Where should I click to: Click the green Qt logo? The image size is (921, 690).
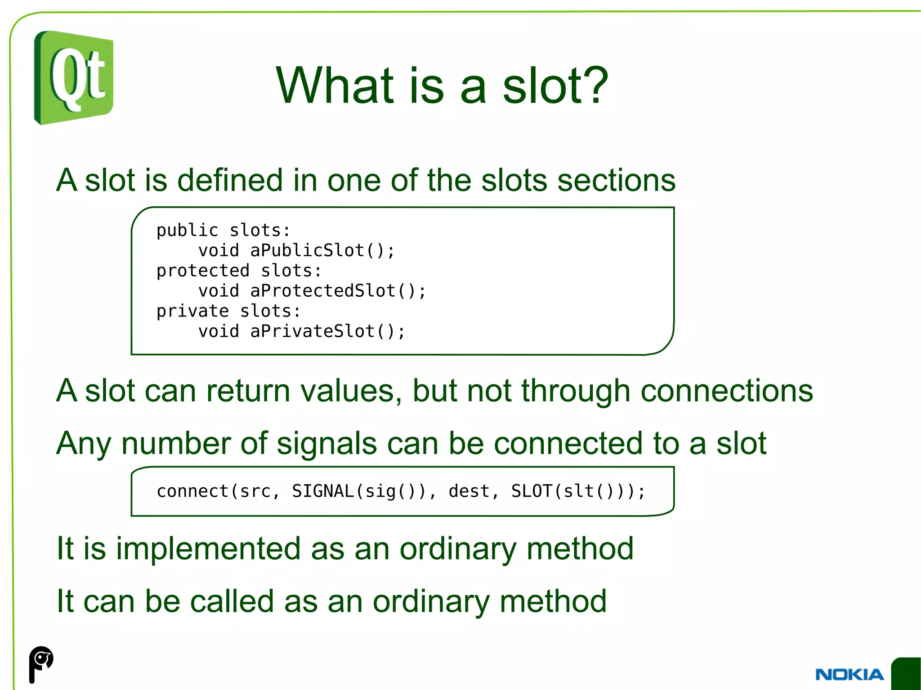[x=73, y=78]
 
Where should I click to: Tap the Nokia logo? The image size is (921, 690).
[x=849, y=674]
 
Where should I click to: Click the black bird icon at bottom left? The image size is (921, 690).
[x=41, y=663]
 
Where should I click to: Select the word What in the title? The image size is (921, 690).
[x=335, y=85]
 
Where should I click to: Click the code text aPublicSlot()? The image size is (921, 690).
[x=322, y=250]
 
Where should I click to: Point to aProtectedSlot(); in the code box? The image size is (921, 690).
[x=338, y=291]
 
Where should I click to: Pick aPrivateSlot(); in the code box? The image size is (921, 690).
[x=327, y=331]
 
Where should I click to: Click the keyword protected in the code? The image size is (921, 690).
[x=203, y=271]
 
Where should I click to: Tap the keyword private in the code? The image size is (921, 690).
[x=192, y=311]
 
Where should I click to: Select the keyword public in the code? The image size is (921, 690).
[x=187, y=231]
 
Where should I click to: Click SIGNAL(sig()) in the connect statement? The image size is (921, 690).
[x=359, y=491]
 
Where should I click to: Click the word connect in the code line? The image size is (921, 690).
[x=192, y=491]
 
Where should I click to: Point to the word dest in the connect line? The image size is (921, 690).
[x=469, y=491]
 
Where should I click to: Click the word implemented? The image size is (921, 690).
[x=208, y=549]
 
